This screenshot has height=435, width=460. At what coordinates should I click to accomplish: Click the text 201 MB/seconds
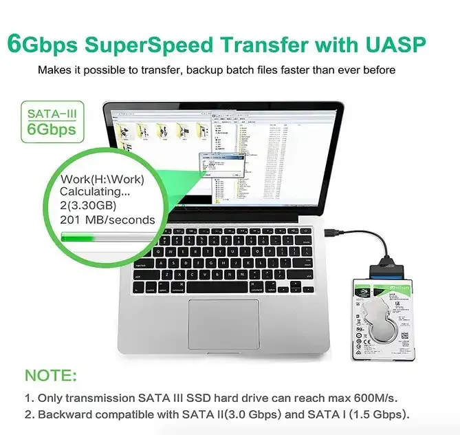[x=108, y=220]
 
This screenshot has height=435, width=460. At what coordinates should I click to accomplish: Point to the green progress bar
[x=110, y=238]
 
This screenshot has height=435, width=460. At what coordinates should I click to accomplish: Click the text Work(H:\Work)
[x=102, y=180]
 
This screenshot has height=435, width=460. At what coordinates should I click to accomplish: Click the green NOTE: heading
[x=51, y=376]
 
